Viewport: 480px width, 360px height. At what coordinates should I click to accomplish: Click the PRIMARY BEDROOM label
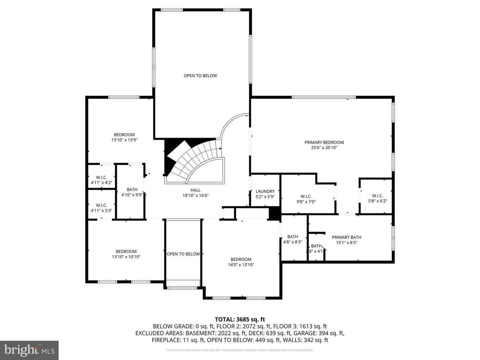(x=321, y=142)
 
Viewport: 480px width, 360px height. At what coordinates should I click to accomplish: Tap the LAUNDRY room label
(x=265, y=191)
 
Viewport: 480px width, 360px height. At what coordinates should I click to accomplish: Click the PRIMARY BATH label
(x=346, y=237)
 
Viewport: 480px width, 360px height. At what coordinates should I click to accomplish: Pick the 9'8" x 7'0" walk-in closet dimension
(x=306, y=201)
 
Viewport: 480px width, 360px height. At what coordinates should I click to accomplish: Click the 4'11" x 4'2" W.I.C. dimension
(x=101, y=182)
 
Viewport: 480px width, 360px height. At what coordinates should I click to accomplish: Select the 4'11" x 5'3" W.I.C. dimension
(x=101, y=210)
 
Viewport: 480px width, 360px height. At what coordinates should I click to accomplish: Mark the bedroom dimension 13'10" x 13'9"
(x=124, y=140)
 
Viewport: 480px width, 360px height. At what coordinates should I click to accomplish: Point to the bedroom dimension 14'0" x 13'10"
(x=241, y=265)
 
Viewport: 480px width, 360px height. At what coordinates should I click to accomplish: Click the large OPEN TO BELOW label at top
(x=200, y=76)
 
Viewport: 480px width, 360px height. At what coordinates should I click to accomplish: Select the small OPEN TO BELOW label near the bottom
(x=183, y=254)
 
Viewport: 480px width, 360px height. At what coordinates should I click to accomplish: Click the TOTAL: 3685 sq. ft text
(x=240, y=319)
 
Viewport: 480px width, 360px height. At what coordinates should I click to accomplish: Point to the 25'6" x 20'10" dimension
(x=321, y=148)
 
